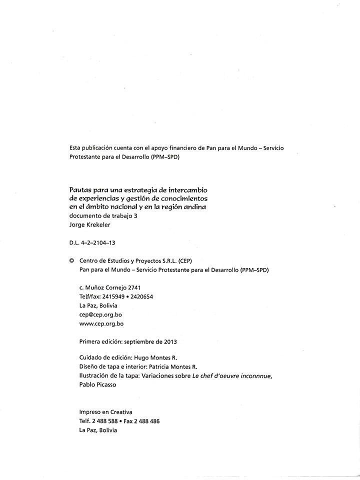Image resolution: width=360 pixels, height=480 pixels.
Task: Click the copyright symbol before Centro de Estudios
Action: pos(71,260)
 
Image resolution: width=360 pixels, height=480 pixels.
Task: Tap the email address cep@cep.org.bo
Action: pos(100,314)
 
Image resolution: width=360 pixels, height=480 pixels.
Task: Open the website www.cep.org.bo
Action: pos(101,323)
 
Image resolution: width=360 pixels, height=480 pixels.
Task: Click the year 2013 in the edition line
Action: pos(170,342)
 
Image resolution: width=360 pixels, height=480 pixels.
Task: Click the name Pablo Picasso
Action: pos(97,384)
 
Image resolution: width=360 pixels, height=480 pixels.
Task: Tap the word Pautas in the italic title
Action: pos(80,190)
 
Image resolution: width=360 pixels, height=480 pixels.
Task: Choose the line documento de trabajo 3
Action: pos(103,216)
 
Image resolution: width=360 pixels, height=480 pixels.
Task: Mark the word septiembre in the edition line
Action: pos(139,342)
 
